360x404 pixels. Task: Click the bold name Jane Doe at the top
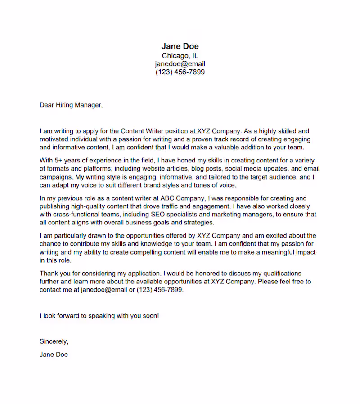click(x=180, y=46)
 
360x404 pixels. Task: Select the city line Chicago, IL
click(x=180, y=56)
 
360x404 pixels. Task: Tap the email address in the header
click(x=180, y=64)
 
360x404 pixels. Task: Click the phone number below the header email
click(x=180, y=72)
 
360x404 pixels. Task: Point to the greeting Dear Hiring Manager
click(x=71, y=105)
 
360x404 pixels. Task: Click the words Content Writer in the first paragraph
click(x=141, y=131)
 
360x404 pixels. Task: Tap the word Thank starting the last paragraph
click(x=49, y=274)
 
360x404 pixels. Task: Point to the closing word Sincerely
click(x=54, y=341)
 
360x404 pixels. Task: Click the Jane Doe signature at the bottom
click(x=54, y=355)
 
